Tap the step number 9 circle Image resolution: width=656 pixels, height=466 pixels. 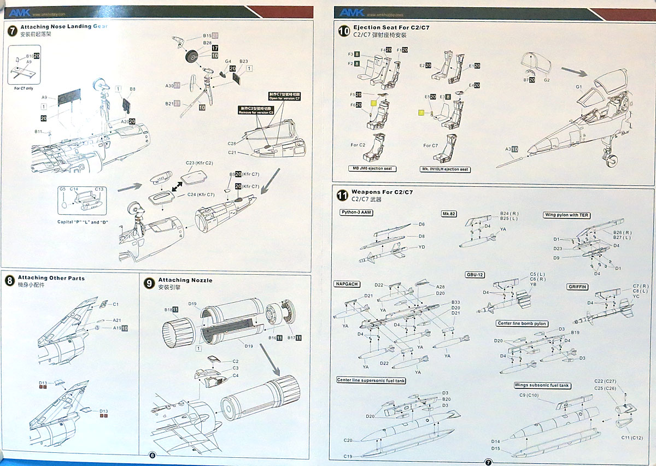point(149,282)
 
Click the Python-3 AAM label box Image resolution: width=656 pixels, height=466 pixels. point(356,213)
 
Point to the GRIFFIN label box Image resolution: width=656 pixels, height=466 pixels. point(578,287)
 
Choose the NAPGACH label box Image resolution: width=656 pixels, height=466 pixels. point(347,285)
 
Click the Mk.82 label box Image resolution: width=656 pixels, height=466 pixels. point(449,214)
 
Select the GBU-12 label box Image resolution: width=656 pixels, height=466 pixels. point(476,275)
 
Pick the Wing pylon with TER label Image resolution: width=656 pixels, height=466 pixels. point(567,215)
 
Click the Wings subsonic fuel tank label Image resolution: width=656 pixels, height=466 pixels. point(542,386)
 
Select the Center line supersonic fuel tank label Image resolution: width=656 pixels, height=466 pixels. point(371,380)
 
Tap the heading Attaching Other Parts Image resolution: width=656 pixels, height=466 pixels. point(51,278)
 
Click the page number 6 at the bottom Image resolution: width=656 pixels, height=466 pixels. point(152,456)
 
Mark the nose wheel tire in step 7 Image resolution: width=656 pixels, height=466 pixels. point(195,57)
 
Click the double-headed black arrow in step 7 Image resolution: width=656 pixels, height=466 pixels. point(177,186)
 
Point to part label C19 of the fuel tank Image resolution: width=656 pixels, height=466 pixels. point(348,456)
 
